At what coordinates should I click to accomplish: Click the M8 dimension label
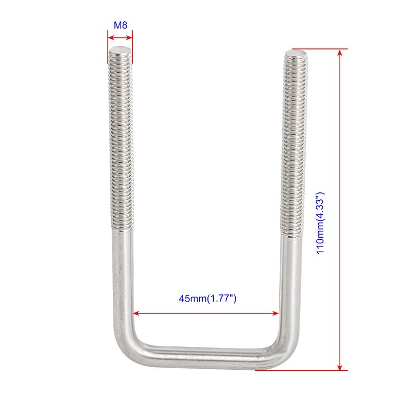coord(120,24)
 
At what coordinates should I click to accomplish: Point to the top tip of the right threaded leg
coord(295,53)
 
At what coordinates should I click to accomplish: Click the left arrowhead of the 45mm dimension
coord(137,313)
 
